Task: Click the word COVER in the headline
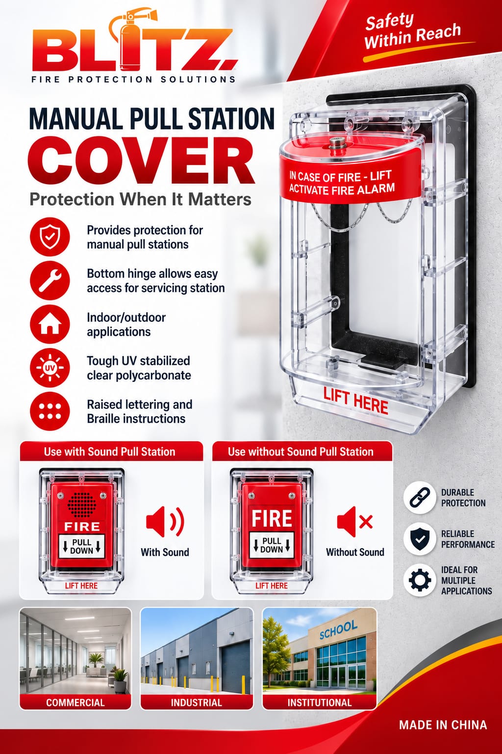(141, 160)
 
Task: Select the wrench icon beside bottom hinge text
(50, 280)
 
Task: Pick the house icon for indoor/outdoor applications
(50, 324)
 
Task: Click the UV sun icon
(50, 367)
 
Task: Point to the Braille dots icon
(50, 411)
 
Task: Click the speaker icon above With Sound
(165, 521)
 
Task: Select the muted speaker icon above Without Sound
(355, 521)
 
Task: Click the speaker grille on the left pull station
(82, 505)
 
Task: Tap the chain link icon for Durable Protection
(420, 497)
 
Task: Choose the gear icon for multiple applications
(420, 580)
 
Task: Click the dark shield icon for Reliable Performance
(420, 539)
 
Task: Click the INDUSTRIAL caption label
(197, 702)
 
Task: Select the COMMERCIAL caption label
(75, 702)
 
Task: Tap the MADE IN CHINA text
(443, 725)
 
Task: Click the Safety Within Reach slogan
(413, 31)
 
